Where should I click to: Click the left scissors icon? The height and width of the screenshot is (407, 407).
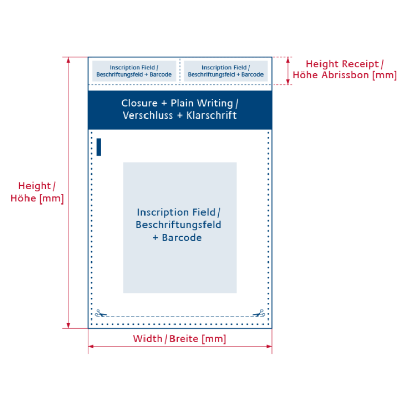click(101, 313)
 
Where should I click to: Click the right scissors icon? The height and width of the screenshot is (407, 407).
click(259, 313)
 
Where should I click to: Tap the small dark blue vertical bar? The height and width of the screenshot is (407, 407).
click(99, 147)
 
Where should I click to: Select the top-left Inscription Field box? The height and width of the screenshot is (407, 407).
click(134, 71)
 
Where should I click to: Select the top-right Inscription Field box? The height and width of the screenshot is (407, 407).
click(225, 71)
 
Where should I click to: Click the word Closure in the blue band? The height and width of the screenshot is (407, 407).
click(139, 103)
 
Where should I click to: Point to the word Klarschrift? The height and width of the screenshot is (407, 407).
click(211, 115)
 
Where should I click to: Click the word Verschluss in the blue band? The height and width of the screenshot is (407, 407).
click(148, 115)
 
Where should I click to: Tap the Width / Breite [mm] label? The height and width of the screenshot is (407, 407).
click(180, 339)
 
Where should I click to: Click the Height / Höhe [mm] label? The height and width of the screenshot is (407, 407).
click(37, 192)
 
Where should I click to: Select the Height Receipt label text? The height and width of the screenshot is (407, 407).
click(344, 64)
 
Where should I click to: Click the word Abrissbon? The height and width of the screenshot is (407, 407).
click(345, 75)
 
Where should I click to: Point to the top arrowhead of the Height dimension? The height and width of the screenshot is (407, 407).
click(68, 60)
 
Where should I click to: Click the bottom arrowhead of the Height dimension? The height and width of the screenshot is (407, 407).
click(68, 326)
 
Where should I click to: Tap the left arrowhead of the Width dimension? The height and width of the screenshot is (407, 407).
click(91, 346)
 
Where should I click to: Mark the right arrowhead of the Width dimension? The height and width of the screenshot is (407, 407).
click(269, 346)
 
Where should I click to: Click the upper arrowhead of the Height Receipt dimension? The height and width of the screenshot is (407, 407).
click(288, 60)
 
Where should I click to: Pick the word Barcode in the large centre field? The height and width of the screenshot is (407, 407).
click(182, 238)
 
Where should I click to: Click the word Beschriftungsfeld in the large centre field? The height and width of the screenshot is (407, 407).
click(179, 225)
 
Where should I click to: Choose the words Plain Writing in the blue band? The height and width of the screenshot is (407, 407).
click(202, 103)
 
